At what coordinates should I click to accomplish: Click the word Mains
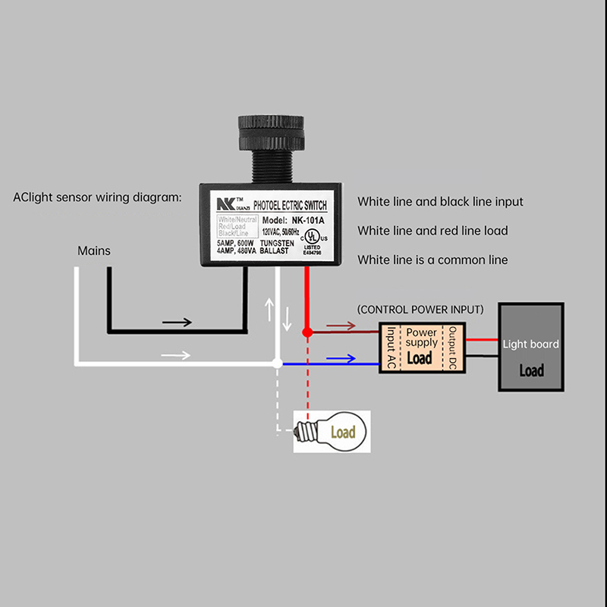pyautogui.click(x=94, y=250)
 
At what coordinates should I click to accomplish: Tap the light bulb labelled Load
pyautogui.click(x=334, y=432)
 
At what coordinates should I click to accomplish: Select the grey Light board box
pyautogui.click(x=531, y=348)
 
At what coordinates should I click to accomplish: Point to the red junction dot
pyautogui.click(x=307, y=332)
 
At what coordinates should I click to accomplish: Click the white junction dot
pyautogui.click(x=278, y=364)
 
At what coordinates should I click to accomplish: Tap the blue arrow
pyautogui.click(x=341, y=360)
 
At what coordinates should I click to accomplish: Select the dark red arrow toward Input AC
pyautogui.click(x=341, y=326)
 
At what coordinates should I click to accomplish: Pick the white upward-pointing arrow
pyautogui.click(x=268, y=310)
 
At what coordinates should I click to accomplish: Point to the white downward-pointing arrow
pyautogui.click(x=287, y=319)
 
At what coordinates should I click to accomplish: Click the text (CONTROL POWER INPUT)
pyautogui.click(x=420, y=310)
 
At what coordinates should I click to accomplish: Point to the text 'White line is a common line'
pyautogui.click(x=432, y=259)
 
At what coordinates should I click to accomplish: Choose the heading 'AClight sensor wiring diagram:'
pyautogui.click(x=98, y=197)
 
